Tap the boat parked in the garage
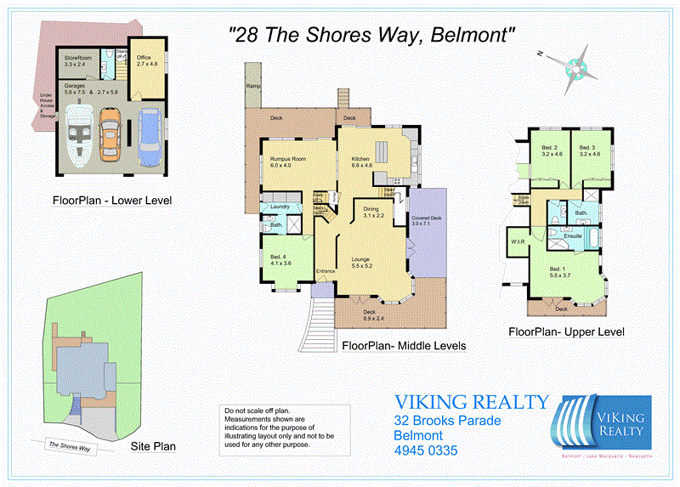tap(74, 133)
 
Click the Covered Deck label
tap(427, 221)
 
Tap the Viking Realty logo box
tap(602, 422)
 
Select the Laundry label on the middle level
tap(280, 207)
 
